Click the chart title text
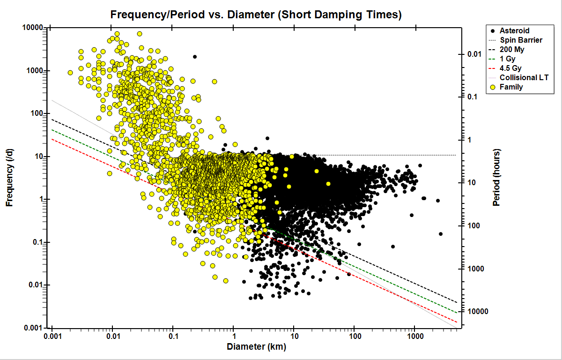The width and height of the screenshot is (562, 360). coord(256,15)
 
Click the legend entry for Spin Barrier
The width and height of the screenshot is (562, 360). coord(521,40)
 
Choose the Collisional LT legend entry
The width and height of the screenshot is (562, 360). coord(524,77)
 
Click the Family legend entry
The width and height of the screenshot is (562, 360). coord(511,87)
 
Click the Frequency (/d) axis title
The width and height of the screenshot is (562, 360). coord(9,178)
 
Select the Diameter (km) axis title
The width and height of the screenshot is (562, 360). coord(256,347)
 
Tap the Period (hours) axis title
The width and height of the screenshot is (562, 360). coord(497,178)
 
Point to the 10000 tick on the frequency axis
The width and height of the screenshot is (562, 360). coord(33,28)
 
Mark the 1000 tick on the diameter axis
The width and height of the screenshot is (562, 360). coord(414,337)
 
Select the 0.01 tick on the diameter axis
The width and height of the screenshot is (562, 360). coord(112,337)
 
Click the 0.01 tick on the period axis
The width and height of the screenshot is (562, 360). coord(474,54)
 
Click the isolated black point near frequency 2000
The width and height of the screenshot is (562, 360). coord(195,57)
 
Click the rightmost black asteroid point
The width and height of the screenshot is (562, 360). coord(441,234)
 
